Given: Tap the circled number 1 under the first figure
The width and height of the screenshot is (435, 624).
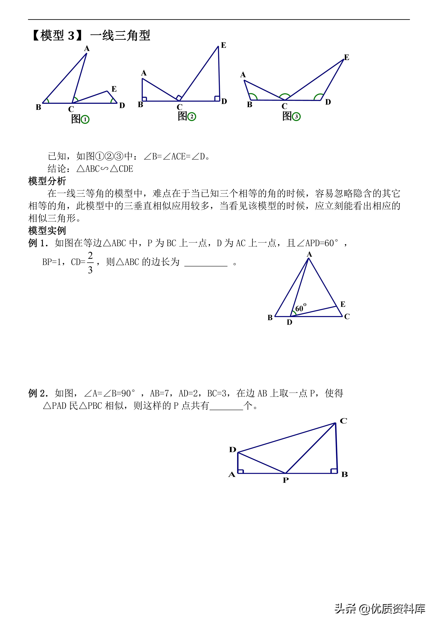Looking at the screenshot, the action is [x=85, y=119].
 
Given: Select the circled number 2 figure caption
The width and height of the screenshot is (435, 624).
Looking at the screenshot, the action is [x=192, y=117].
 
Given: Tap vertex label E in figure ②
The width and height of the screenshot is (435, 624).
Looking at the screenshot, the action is [x=224, y=45].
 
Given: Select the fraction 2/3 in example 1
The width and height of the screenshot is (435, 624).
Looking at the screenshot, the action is [x=90, y=262].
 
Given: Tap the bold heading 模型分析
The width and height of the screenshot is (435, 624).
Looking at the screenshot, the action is [x=47, y=181].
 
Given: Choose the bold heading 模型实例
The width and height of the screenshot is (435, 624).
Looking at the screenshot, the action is [x=47, y=230].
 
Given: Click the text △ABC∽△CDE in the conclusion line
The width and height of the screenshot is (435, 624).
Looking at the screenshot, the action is [x=105, y=169].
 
